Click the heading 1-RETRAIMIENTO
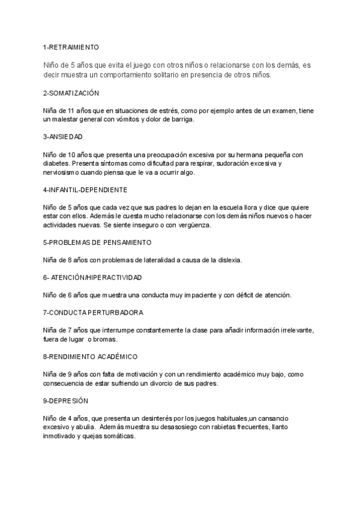[x=71, y=46]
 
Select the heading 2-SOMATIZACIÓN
[x=71, y=94]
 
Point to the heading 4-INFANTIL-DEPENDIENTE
[x=85, y=190]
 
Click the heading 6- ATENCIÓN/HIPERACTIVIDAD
[x=92, y=277]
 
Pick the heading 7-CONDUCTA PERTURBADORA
[x=93, y=313]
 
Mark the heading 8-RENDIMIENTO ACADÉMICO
[x=90, y=356]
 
